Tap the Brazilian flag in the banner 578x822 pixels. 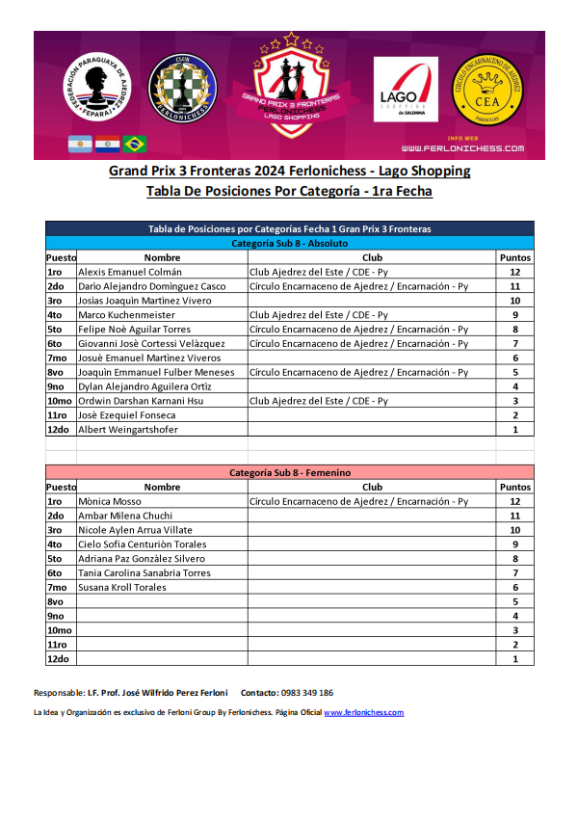tap(135, 144)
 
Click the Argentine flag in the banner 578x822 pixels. tap(79, 144)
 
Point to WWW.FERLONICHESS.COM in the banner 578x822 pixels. tap(462, 148)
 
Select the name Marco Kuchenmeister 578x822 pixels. tap(126, 315)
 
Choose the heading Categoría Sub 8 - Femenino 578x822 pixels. tap(289, 473)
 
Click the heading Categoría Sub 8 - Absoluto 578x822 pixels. tap(289, 244)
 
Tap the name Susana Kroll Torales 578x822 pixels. tap(121, 587)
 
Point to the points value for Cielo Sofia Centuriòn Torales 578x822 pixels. tap(515, 544)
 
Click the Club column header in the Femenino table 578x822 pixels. tap(372, 488)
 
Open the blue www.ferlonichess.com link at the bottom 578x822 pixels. tap(364, 712)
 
